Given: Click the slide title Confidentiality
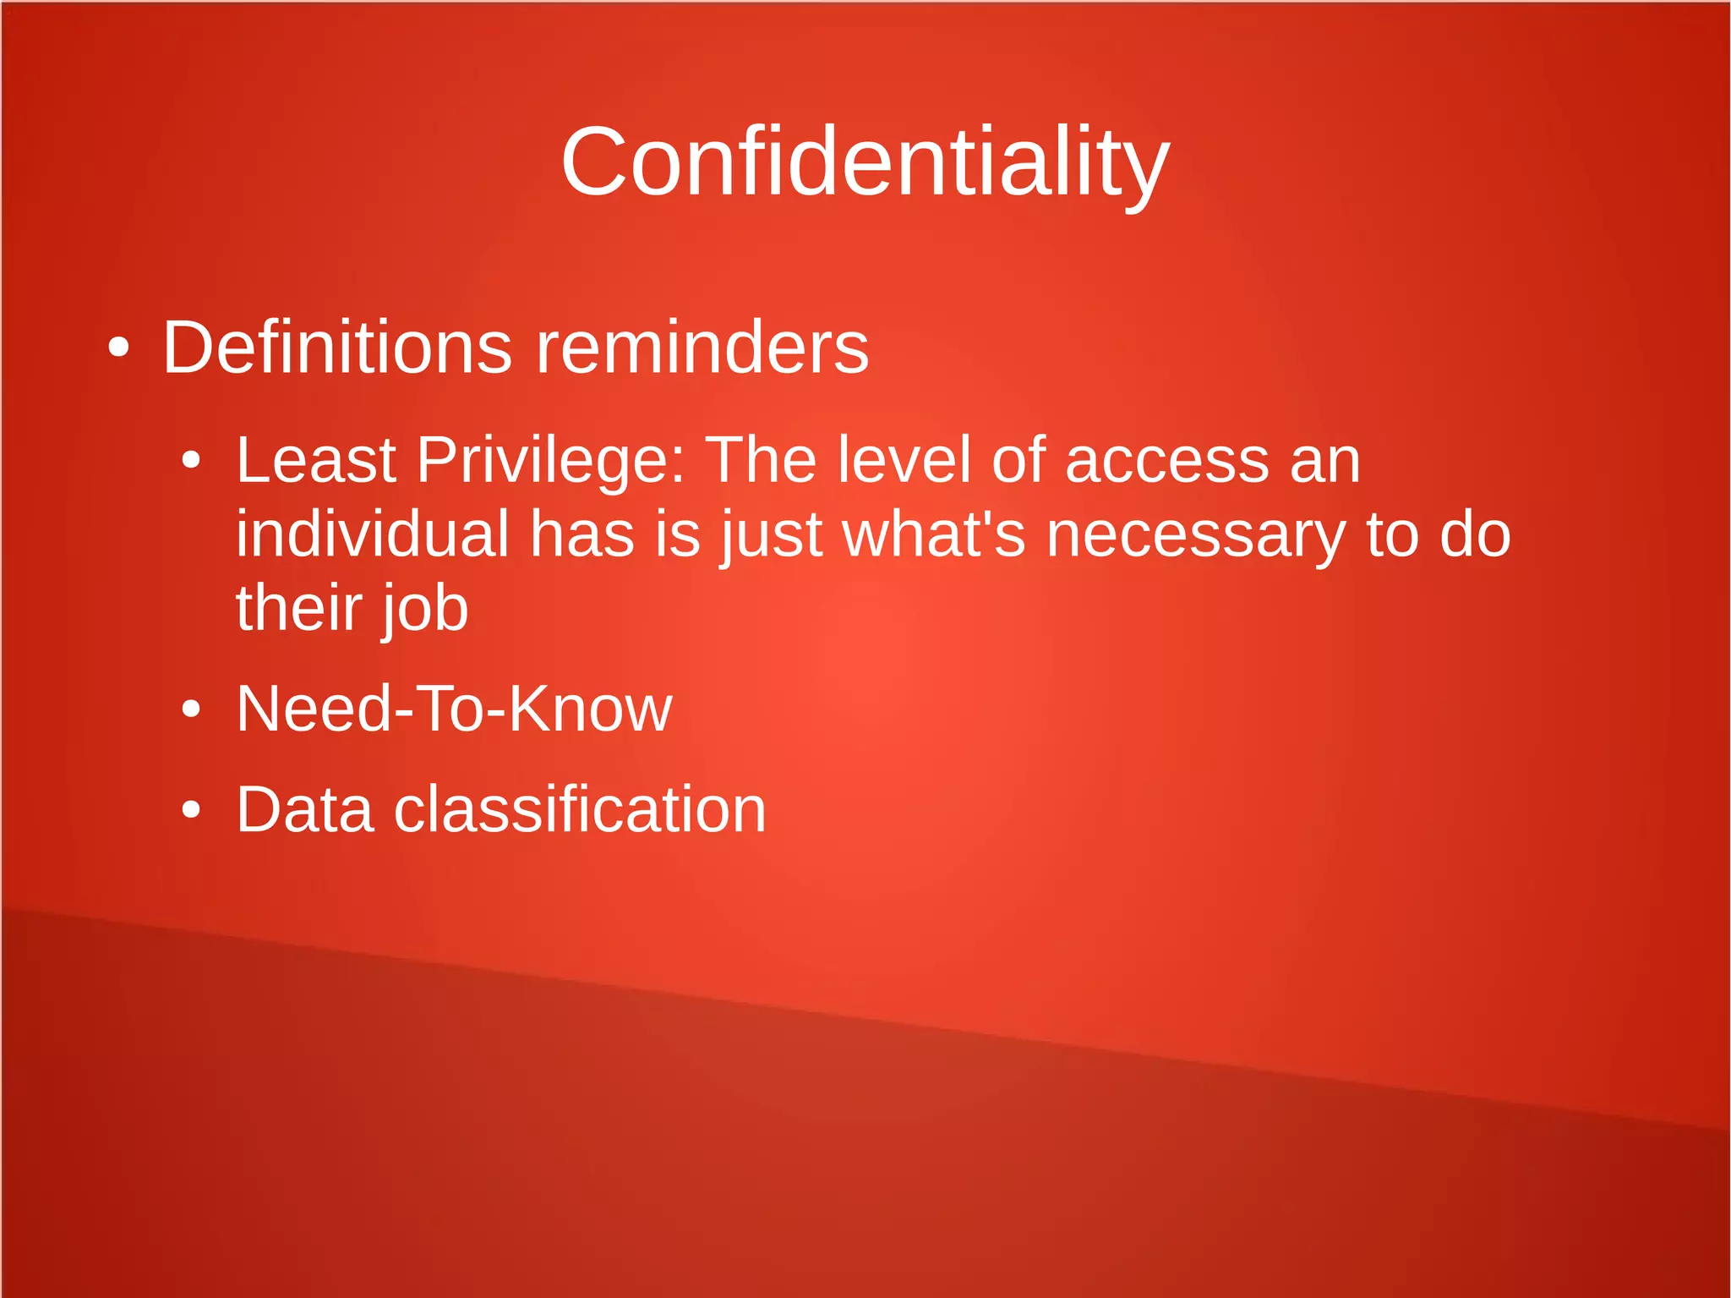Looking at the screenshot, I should pos(865,162).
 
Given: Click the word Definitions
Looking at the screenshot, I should pos(336,348).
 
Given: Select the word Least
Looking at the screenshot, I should pos(316,461).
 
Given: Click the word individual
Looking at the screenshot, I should pos(372,534).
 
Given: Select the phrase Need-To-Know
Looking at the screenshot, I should pos(454,709).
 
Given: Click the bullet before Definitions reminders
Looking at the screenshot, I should pos(119,348).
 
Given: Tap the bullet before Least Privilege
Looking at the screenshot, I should pos(192,462).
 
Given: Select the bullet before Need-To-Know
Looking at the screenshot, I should pos(192,709).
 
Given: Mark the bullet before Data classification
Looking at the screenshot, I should pos(192,810).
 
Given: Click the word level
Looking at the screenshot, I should pos(904,461).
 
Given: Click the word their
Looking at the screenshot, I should pos(298,609).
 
